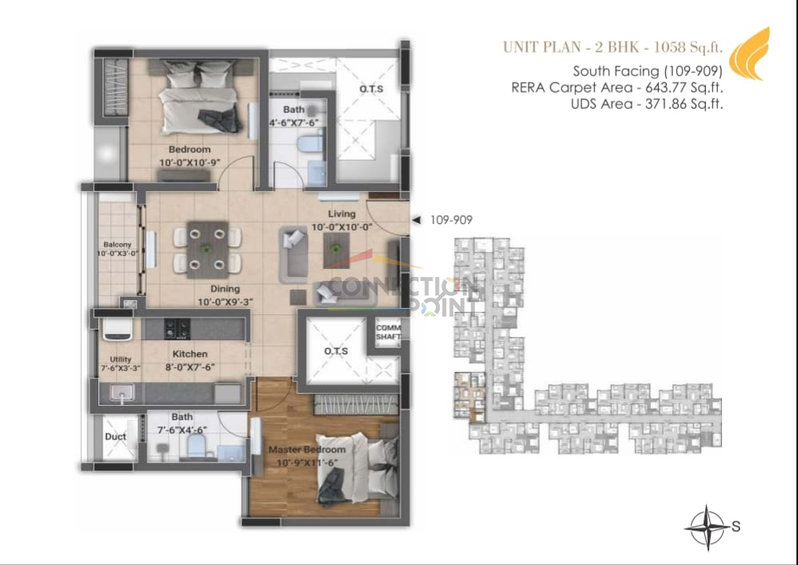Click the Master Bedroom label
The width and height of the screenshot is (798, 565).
[x=307, y=449]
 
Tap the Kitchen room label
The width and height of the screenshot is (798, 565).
[x=190, y=354]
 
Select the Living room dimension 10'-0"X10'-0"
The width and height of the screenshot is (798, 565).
[x=342, y=227]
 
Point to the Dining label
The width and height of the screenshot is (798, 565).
[x=225, y=289]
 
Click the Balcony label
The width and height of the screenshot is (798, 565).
[x=117, y=245]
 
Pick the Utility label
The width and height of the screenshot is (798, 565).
[x=121, y=359]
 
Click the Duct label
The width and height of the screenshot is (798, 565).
[x=115, y=437]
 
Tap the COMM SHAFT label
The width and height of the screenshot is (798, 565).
[x=389, y=332]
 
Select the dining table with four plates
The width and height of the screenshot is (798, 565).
[x=207, y=250]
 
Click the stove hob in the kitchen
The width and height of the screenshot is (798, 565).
[x=177, y=329]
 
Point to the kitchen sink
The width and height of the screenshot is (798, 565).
[x=122, y=392]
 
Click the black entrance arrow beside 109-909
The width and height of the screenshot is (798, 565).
[x=417, y=220]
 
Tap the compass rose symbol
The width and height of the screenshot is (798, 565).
[x=708, y=528]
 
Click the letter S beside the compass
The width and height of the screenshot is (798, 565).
[x=736, y=527]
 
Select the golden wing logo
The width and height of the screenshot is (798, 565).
[x=750, y=54]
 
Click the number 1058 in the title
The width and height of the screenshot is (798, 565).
[x=668, y=47]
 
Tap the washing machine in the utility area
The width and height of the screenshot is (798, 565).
[x=118, y=330]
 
